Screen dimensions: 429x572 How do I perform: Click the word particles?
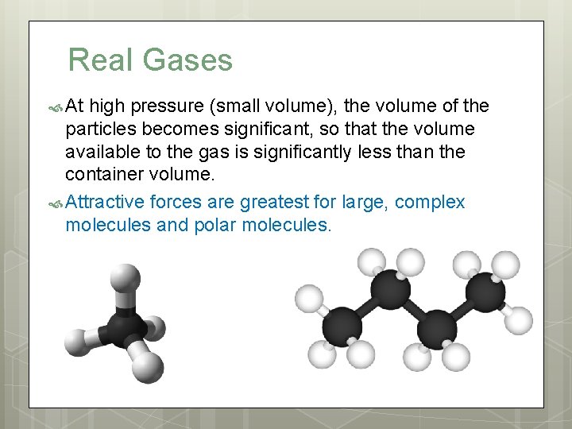[99, 129]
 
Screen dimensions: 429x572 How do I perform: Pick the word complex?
[430, 202]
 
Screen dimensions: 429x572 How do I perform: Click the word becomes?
[204, 129]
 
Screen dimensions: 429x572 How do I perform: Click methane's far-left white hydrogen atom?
[77, 342]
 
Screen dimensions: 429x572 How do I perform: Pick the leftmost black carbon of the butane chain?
[341, 327]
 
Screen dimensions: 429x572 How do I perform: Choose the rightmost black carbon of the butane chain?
[485, 292]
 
